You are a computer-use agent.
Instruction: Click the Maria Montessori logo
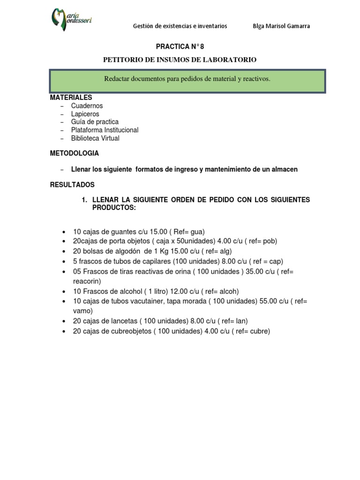pos(71,20)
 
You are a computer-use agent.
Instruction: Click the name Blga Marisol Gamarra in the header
pos(281,26)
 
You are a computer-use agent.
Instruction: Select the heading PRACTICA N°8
pos(180,46)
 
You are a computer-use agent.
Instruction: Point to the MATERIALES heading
pos(71,97)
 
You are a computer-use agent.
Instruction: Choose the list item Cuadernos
pos(87,106)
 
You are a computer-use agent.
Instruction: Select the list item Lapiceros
pos(85,114)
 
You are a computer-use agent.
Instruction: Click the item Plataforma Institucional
pos(105,130)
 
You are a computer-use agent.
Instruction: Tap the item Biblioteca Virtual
pos(95,138)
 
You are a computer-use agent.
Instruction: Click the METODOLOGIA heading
pos(75,153)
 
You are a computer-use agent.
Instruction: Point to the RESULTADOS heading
pos(72,185)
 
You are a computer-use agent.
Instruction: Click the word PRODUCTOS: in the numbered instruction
pos(114,208)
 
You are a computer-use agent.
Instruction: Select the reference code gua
pos(197,232)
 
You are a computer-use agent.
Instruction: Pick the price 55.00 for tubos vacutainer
pos(268,301)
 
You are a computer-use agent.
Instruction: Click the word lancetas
pos(123,321)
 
